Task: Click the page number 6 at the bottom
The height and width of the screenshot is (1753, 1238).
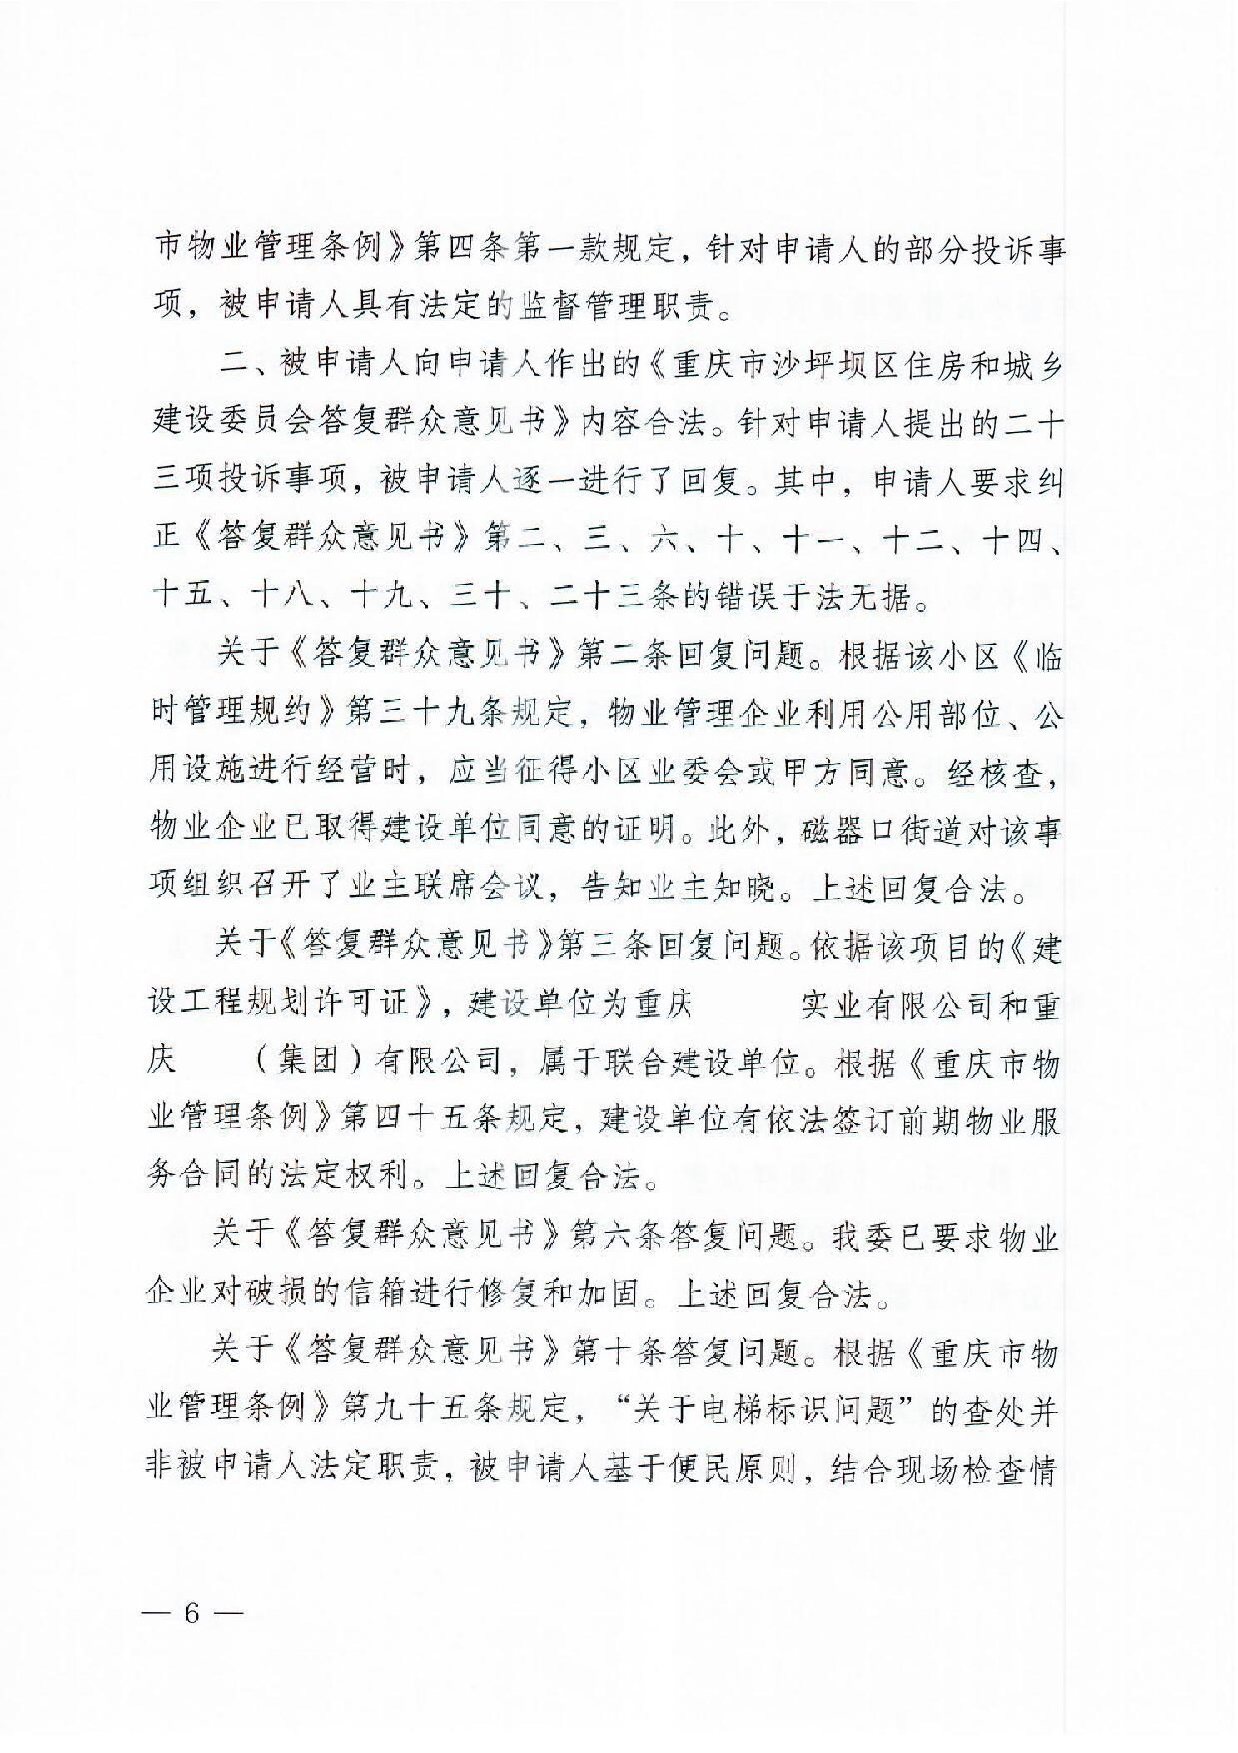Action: pos(192,1612)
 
